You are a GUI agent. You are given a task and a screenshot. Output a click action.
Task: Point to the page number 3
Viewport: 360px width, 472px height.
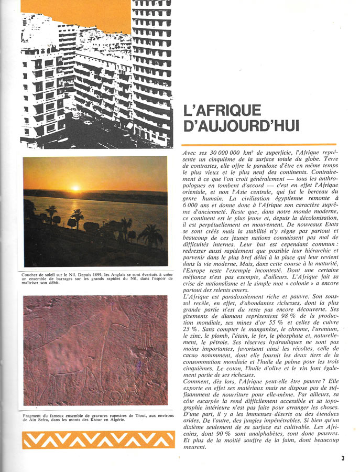[x=343, y=458]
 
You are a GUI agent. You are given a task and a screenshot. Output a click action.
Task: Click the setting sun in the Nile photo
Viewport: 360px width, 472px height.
[x=75, y=188]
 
